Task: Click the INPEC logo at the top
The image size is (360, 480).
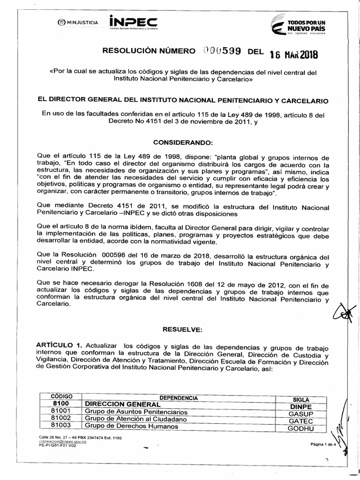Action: pyautogui.click(x=133, y=22)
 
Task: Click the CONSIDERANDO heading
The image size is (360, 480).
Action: pyautogui.click(x=183, y=142)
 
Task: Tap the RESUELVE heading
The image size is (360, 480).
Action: pyautogui.click(x=182, y=330)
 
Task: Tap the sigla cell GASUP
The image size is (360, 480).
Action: pyautogui.click(x=300, y=414)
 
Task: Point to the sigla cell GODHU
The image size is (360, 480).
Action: pyautogui.click(x=300, y=428)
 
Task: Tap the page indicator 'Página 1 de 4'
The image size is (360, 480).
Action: pyautogui.click(x=323, y=444)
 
